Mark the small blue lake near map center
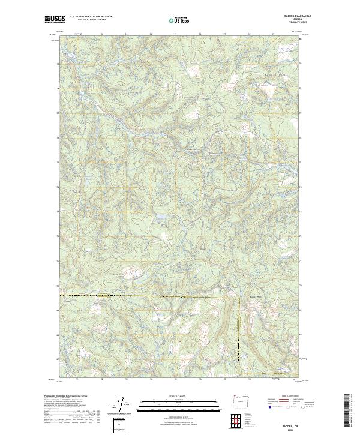[161, 218]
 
